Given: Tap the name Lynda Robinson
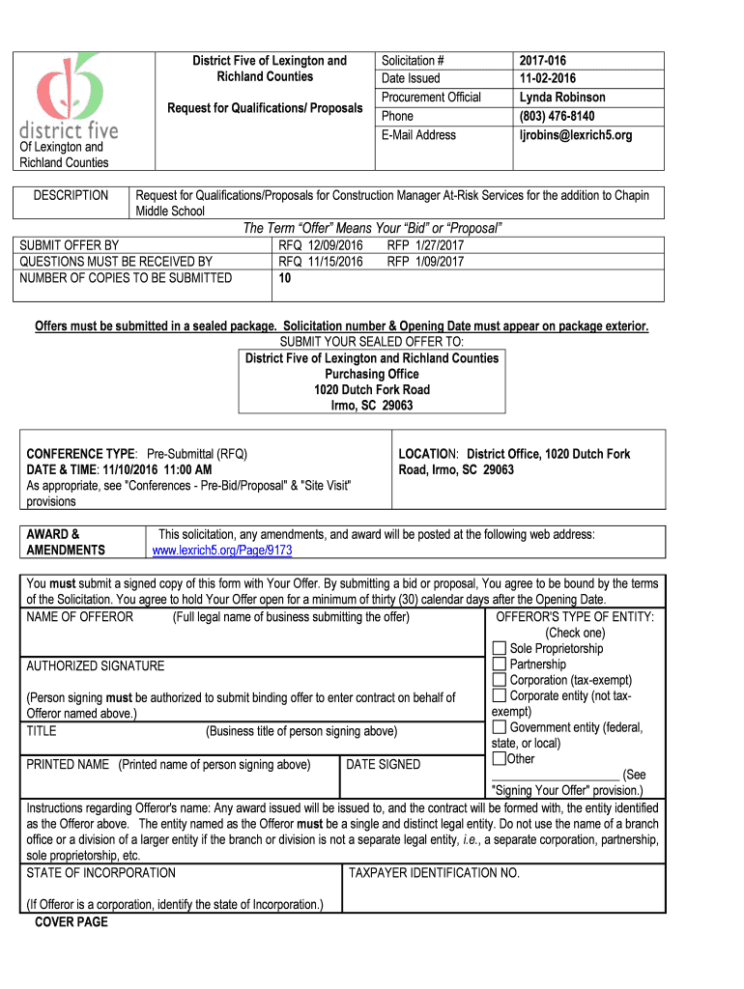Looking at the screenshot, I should (x=562, y=98).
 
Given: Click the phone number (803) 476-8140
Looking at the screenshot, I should (x=557, y=116).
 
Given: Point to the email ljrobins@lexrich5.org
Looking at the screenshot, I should (x=576, y=135).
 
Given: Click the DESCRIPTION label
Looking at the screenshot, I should (x=71, y=196).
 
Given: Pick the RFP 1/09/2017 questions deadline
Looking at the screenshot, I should (x=425, y=262).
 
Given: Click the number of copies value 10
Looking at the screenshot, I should (x=286, y=278).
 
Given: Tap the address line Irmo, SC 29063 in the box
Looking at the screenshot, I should (x=371, y=406).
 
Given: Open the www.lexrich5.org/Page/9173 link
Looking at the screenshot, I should (x=222, y=551).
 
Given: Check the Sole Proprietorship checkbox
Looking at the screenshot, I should (x=500, y=649).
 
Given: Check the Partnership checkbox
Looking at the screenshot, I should (x=500, y=664).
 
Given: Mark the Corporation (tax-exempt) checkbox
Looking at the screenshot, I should (x=500, y=680).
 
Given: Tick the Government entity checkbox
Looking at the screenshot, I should (x=500, y=727).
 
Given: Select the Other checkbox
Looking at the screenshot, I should (x=499, y=759).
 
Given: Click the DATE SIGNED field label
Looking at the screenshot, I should (x=384, y=765).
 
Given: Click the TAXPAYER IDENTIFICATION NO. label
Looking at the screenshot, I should (x=434, y=873).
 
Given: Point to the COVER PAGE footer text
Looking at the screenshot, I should (x=72, y=922).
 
